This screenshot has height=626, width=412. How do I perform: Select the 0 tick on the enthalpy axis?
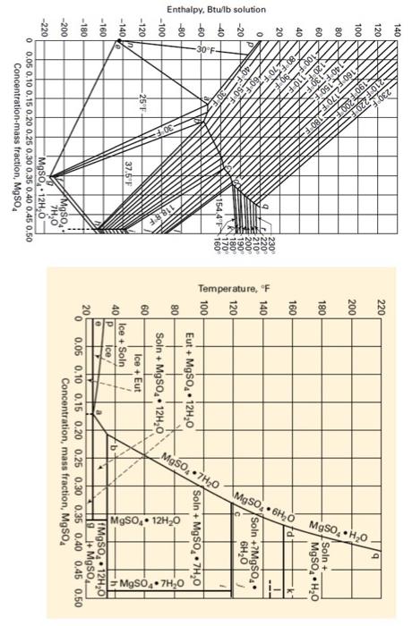pyautogui.click(x=258, y=31)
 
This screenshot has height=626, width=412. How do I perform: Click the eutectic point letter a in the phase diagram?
pyautogui.click(x=99, y=412)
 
